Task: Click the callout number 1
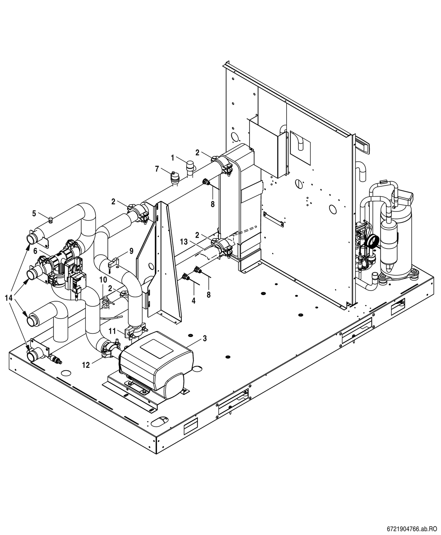click(173, 158)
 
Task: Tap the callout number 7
click(157, 169)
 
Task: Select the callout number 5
click(34, 213)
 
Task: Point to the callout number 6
click(35, 251)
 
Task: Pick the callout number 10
click(103, 280)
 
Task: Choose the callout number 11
click(113, 331)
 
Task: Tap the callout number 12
click(86, 365)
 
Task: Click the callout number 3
click(205, 338)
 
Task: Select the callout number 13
click(184, 242)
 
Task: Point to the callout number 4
click(194, 301)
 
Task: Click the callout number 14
click(9, 298)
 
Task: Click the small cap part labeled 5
click(51, 220)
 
